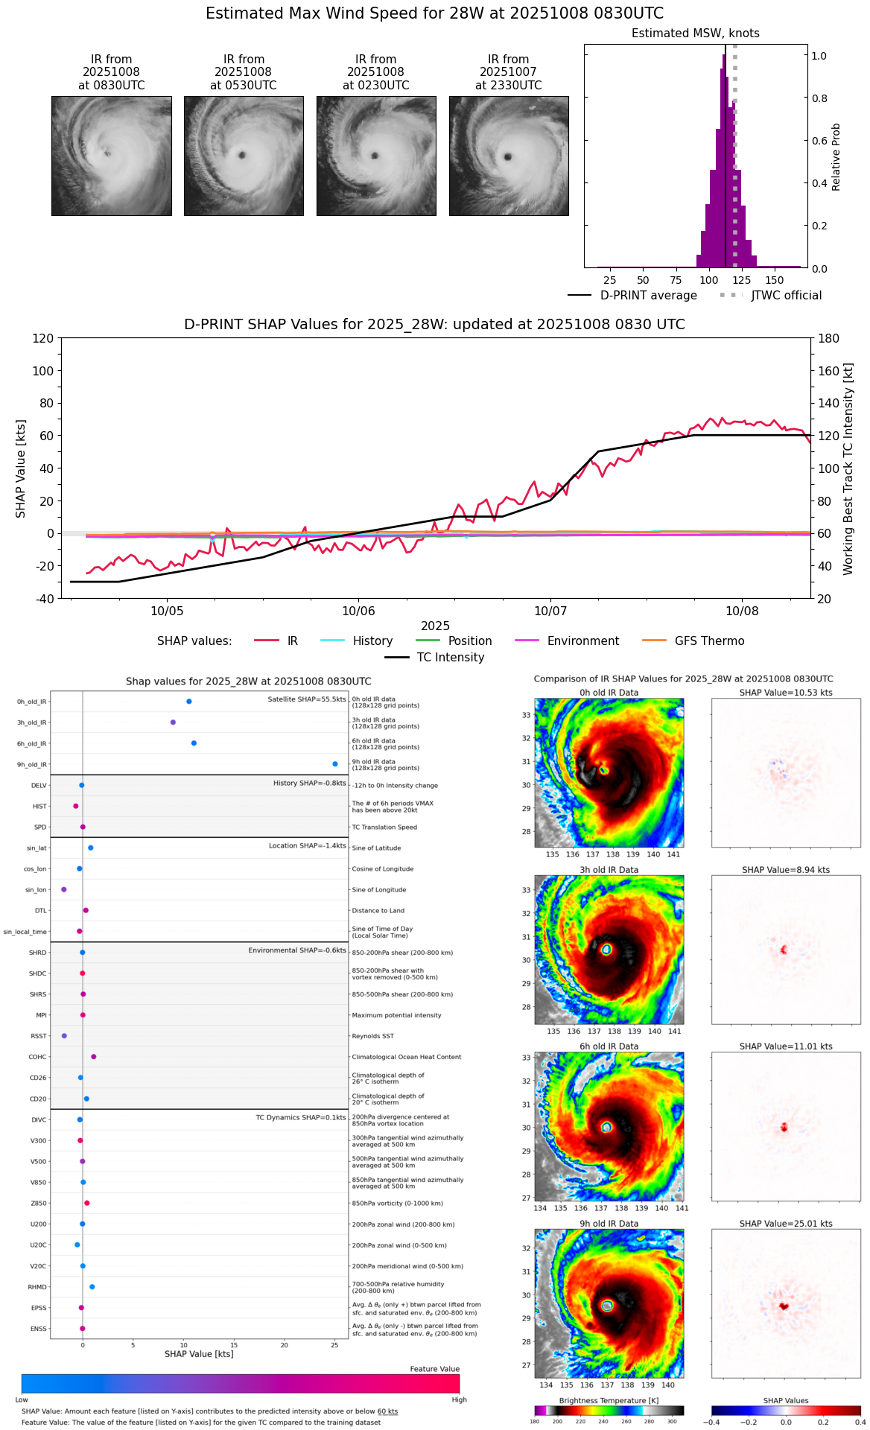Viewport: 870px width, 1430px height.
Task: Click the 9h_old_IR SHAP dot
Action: (335, 763)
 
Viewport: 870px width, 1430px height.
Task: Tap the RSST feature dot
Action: (64, 1036)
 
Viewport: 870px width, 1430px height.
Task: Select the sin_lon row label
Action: (36, 890)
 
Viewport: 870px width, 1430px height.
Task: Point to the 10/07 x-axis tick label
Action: (550, 611)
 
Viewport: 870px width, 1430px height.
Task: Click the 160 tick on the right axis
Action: (829, 371)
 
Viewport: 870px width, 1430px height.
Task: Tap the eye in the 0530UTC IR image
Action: (242, 156)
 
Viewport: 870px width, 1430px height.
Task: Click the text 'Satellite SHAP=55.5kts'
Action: (307, 699)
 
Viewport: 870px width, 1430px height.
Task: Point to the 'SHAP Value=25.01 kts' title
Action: (786, 1224)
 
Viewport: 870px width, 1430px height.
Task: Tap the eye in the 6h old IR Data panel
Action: (606, 1128)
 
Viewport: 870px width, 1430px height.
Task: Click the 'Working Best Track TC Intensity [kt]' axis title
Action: (848, 468)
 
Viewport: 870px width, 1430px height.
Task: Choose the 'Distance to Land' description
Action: (378, 910)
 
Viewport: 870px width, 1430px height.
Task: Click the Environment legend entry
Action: (582, 641)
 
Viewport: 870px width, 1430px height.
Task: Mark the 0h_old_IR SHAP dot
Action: (189, 701)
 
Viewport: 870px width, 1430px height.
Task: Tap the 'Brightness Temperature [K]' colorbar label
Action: (609, 1401)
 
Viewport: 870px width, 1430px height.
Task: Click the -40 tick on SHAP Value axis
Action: (45, 599)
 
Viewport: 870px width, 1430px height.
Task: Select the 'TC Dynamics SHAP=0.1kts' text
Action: (301, 1117)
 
